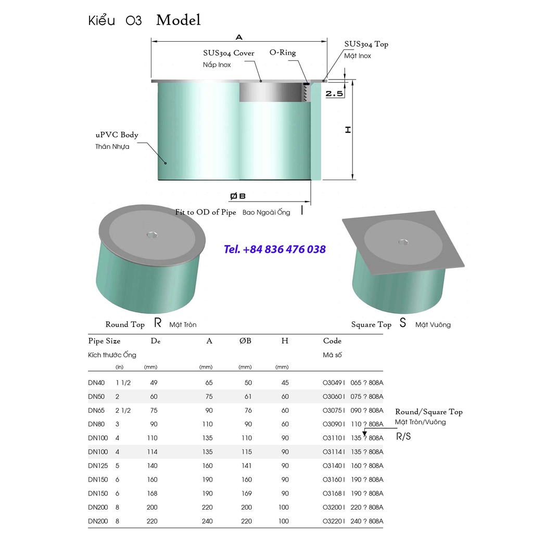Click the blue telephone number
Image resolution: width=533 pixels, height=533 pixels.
(275, 249)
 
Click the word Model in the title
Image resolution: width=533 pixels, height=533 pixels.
(179, 20)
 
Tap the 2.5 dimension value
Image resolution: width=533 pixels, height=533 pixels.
(334, 94)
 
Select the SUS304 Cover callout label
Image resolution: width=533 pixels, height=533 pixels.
(229, 53)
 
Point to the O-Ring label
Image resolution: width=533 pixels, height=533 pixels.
(283, 53)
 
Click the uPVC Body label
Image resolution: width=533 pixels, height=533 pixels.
(117, 135)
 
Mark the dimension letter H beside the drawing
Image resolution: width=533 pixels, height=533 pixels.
(348, 130)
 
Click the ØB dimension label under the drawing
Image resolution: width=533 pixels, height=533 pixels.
(237, 196)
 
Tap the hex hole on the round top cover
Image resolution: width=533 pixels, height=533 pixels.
(152, 235)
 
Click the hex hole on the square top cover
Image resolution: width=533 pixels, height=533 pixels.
(403, 242)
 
